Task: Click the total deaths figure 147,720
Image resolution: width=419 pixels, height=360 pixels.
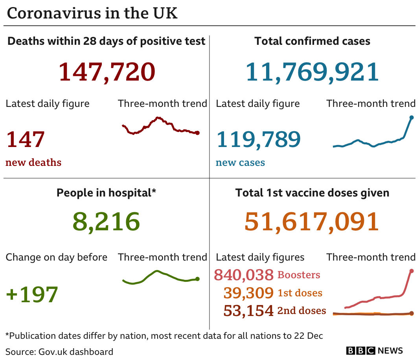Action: tap(107, 72)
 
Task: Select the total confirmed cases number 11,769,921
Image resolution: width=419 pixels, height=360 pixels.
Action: tap(312, 72)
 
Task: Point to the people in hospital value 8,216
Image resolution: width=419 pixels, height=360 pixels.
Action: tap(106, 221)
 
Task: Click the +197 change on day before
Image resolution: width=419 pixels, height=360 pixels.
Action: tap(32, 294)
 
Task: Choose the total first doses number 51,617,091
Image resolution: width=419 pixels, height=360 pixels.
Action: tap(312, 221)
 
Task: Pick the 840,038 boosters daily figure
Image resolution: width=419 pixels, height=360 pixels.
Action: tap(244, 275)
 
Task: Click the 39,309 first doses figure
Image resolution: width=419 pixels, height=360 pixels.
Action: tap(248, 293)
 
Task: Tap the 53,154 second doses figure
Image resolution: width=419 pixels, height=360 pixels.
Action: tap(248, 310)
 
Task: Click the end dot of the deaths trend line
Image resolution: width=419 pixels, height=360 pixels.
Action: tap(197, 133)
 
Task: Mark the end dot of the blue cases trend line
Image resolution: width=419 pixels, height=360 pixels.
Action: tap(412, 117)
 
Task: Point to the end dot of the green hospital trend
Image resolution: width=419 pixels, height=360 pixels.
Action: tap(197, 279)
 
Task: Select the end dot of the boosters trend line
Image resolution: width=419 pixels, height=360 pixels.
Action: tap(412, 271)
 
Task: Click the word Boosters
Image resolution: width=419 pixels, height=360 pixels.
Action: tap(299, 275)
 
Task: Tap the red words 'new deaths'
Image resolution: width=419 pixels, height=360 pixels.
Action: tap(33, 162)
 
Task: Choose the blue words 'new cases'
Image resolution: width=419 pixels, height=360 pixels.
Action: tap(240, 162)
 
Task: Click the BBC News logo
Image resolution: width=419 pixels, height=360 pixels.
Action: tap(375, 351)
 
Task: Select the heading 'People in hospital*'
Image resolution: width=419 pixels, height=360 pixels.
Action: tap(107, 193)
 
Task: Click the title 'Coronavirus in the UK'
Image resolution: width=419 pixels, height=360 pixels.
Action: tap(92, 13)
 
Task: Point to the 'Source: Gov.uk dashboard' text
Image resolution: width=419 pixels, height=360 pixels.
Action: tap(59, 351)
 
